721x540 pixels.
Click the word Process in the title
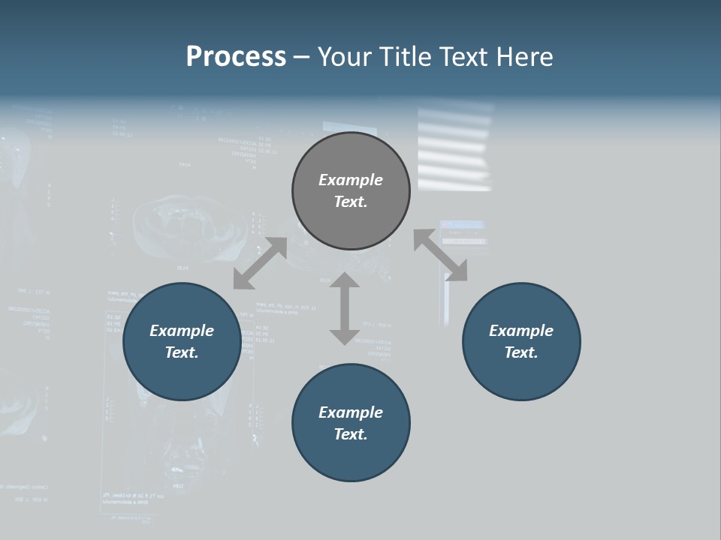[x=236, y=57]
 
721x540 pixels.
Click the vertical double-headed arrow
[x=345, y=308]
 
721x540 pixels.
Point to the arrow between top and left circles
[x=260, y=263]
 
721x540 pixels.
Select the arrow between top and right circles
[x=440, y=256]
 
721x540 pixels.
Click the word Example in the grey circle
[x=351, y=180]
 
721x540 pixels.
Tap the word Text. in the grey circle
[x=351, y=202]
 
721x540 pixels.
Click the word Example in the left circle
[x=182, y=331]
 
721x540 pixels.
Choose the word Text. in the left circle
[x=182, y=352]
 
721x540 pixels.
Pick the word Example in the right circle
[x=521, y=331]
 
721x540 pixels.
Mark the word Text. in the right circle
[x=521, y=352]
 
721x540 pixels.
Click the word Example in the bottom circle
[x=351, y=412]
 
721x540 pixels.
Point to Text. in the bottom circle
[x=351, y=434]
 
